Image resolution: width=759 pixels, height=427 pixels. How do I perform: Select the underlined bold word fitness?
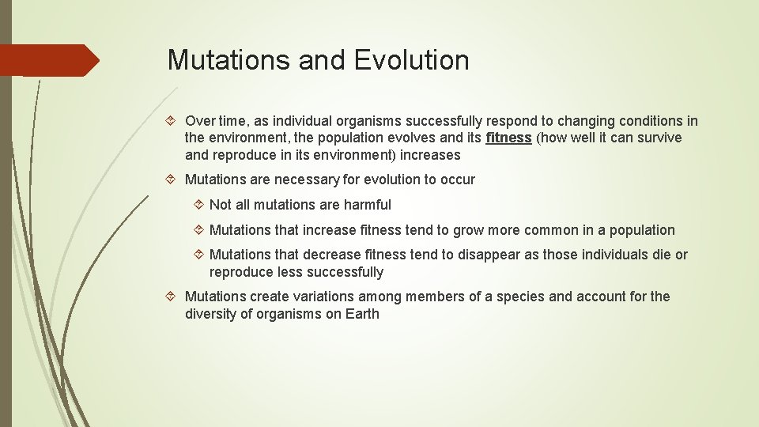tap(508, 138)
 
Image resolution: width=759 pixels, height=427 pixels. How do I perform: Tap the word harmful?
tap(365, 205)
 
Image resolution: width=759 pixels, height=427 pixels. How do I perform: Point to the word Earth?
tap(362, 314)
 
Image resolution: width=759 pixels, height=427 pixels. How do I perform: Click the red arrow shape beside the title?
tap(49, 60)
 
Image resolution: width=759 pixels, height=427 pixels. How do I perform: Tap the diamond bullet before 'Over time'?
tap(174, 121)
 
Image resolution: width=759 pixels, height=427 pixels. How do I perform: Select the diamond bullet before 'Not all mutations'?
tap(198, 205)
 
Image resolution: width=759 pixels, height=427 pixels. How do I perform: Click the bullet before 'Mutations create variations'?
tap(174, 297)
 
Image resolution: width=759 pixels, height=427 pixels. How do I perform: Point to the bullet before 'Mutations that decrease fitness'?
tap(198, 255)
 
